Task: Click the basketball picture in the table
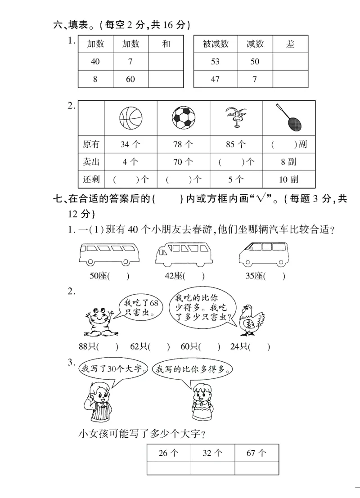tap(130, 118)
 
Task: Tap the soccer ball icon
tap(183, 118)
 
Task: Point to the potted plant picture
tap(236, 118)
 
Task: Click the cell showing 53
tap(215, 62)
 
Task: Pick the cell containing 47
tap(215, 79)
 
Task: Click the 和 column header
tap(166, 44)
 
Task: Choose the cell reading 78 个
tap(183, 145)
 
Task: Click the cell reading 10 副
tap(288, 179)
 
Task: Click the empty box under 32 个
tap(212, 468)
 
